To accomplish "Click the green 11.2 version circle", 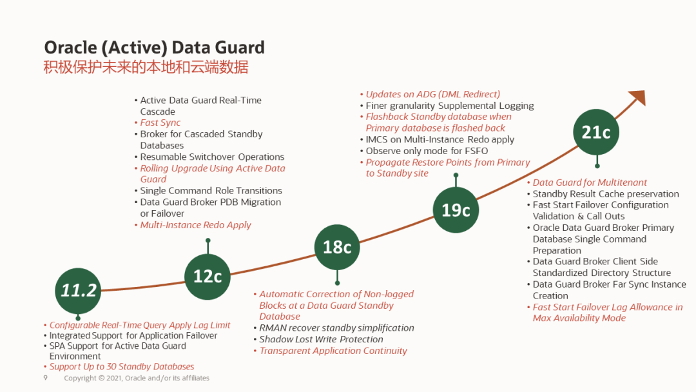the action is (x=78, y=290).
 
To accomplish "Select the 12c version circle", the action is (x=208, y=276).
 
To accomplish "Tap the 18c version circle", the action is (x=337, y=247).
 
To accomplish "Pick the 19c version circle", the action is (x=456, y=210).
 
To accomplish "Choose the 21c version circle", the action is (x=596, y=132).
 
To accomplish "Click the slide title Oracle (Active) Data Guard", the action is (x=154, y=48).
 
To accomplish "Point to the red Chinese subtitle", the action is (x=146, y=68).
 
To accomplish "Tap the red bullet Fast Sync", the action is (x=160, y=122).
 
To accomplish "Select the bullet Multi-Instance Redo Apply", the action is (x=195, y=225).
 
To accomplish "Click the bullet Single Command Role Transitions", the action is (x=211, y=191).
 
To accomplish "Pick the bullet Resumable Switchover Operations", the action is (x=212, y=157).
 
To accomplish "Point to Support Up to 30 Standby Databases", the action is (x=122, y=366).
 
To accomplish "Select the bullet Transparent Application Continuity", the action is (x=333, y=351).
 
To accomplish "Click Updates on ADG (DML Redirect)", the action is (x=432, y=94).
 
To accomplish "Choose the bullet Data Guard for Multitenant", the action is (x=590, y=182).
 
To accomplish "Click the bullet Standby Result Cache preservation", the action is (x=606, y=194).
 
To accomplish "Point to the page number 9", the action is (x=46, y=378).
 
